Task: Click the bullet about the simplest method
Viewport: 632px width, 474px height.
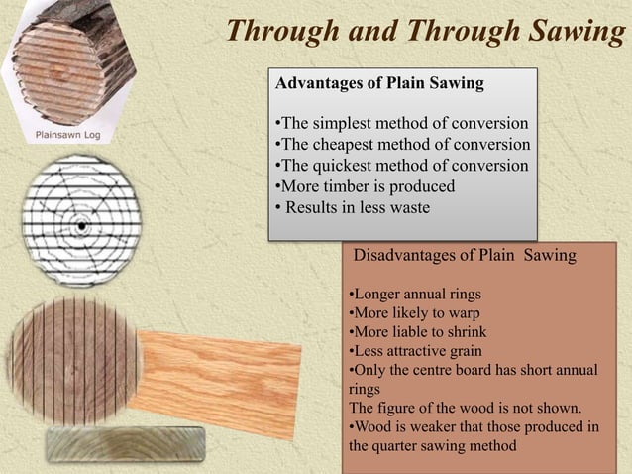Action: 400,124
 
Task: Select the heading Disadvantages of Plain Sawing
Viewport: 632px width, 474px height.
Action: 465,256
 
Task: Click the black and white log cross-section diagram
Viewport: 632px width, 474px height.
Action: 81,220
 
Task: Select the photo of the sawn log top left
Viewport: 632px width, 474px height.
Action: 69,59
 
